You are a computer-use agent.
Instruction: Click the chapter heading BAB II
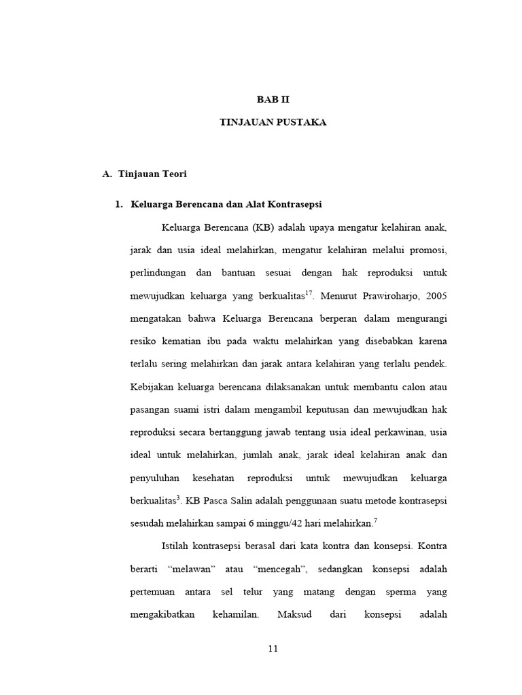[x=273, y=99]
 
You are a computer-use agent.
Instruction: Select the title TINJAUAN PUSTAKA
[x=273, y=122]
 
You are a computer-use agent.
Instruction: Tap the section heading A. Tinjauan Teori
[x=144, y=174]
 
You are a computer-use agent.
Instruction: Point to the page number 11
[x=273, y=648]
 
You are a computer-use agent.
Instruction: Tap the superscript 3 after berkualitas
[x=179, y=497]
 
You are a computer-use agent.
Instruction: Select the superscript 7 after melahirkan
[x=375, y=520]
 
